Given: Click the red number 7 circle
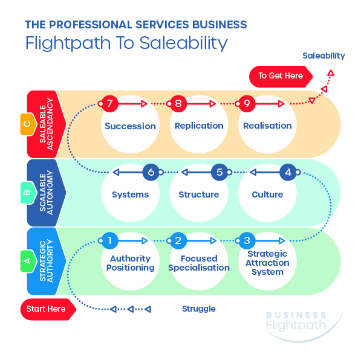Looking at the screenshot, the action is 109,103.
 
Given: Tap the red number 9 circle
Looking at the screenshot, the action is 247,103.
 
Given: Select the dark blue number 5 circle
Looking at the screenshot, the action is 220,172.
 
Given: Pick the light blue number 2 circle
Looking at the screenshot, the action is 178,240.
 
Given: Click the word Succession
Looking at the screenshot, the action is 130,126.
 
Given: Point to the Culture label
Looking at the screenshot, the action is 267,194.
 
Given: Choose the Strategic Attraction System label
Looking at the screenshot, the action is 267,263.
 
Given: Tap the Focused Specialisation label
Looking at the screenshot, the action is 199,263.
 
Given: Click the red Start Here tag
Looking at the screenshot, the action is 48,309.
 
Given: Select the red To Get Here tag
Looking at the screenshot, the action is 281,76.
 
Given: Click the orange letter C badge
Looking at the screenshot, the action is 28,124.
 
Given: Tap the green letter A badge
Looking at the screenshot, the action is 28,261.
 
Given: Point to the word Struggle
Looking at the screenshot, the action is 199,309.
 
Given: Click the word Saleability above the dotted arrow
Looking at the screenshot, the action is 324,56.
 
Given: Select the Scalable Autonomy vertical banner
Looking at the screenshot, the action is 47,193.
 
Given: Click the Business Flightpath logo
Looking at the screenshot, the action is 299,326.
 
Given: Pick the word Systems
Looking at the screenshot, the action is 130,194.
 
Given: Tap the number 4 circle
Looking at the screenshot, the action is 288,172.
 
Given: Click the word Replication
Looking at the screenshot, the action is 199,126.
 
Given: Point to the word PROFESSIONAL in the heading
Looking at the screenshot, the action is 91,25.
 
